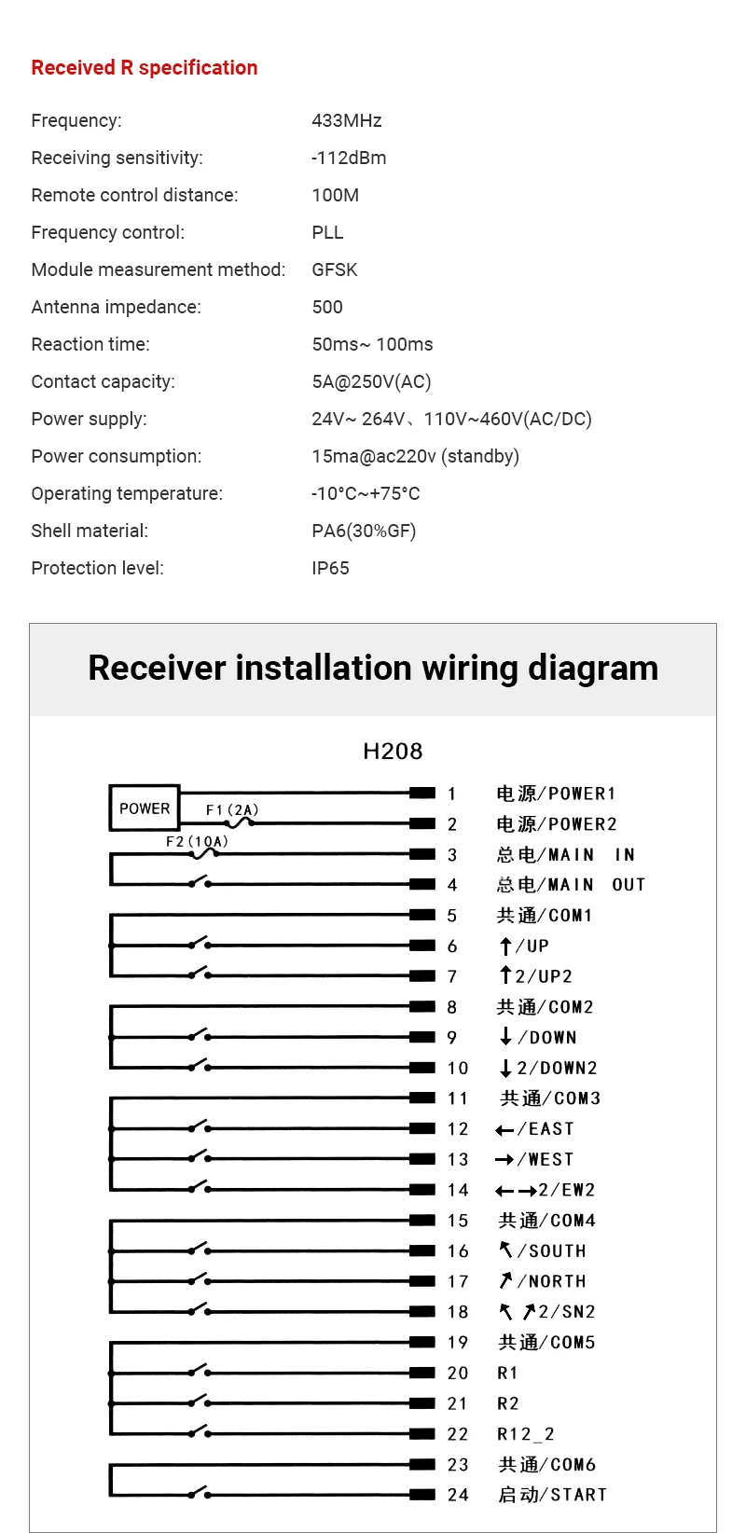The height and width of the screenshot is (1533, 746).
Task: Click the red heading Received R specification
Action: click(145, 68)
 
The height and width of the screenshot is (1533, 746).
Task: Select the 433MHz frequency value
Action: click(347, 120)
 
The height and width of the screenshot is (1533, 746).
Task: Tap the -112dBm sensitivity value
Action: click(349, 158)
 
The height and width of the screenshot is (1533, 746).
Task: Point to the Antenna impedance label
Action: click(116, 307)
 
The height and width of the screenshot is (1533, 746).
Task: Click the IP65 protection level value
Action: click(330, 568)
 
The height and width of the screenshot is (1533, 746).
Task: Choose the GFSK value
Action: click(335, 269)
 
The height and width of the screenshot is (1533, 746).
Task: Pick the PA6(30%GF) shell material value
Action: click(364, 531)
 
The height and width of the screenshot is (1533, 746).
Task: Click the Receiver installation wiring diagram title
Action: click(373, 669)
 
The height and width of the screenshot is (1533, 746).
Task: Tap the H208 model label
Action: click(393, 751)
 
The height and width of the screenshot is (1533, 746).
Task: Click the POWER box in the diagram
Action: click(145, 808)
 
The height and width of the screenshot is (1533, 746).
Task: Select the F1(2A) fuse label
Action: click(232, 809)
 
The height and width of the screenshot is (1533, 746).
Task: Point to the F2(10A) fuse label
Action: click(197, 841)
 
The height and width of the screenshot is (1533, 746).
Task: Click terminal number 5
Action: click(452, 916)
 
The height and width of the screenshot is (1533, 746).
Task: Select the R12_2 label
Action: click(526, 1434)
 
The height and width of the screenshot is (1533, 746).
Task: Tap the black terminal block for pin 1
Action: click(422, 793)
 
